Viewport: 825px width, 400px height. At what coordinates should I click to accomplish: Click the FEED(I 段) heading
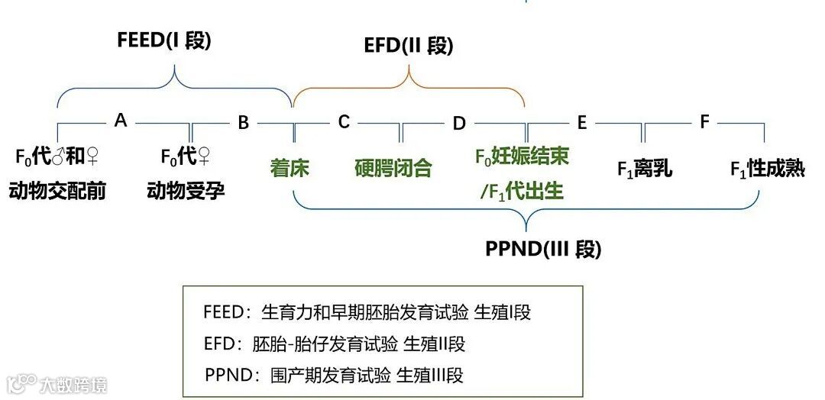164,40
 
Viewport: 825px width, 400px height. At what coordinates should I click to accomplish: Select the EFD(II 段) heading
408,46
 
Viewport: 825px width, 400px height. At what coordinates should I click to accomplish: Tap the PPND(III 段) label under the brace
543,249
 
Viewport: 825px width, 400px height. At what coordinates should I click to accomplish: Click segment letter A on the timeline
120,120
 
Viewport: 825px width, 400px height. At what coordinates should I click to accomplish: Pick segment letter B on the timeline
243,122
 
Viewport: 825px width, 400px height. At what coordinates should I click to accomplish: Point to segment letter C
344,121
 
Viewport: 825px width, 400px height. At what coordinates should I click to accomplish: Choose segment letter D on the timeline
458,123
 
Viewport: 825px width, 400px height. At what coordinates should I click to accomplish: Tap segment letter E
582,121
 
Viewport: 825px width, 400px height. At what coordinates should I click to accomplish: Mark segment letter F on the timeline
704,121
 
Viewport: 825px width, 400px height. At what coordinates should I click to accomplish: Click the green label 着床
290,168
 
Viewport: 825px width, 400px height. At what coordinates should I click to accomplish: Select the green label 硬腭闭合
393,168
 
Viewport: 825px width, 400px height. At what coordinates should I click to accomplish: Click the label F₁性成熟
767,169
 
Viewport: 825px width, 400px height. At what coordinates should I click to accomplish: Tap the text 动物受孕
186,190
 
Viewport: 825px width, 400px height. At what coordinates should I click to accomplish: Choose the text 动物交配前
57,190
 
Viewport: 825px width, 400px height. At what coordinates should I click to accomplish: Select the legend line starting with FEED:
367,312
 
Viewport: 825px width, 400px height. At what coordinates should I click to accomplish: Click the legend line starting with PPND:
334,375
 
